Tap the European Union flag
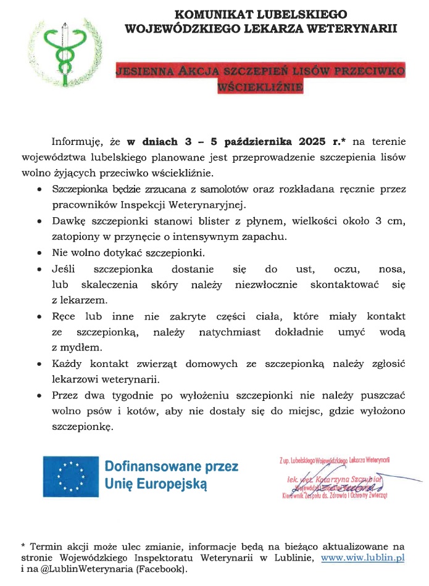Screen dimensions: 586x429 pos(70,477)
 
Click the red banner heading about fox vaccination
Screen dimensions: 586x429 pos(260,78)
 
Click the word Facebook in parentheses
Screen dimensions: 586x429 pos(164,569)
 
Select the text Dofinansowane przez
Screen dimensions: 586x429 pos(171,466)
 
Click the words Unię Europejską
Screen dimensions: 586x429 pos(156,485)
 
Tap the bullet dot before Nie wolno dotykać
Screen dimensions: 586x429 pos(40,254)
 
